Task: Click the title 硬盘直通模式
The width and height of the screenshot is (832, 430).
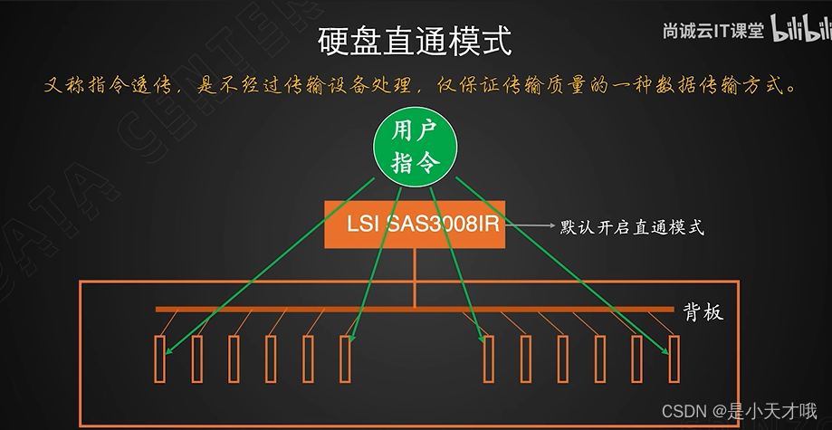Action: pyautogui.click(x=416, y=41)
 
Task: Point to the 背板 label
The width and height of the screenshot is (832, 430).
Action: pyautogui.click(x=703, y=312)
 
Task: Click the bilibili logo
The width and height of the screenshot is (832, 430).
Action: pyautogui.click(x=800, y=29)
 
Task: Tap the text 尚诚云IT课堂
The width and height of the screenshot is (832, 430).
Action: pyautogui.click(x=712, y=31)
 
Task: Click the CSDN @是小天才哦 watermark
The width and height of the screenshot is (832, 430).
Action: pyautogui.click(x=740, y=410)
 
